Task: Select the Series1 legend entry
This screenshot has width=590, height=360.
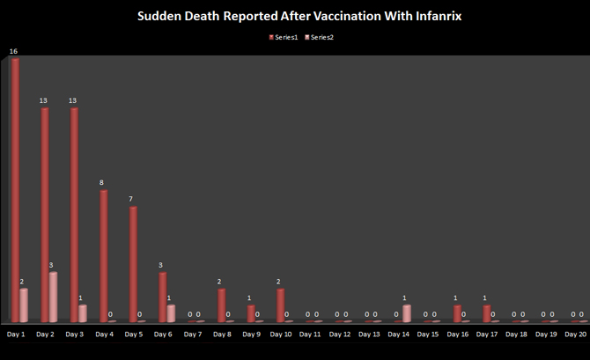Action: pyautogui.click(x=284, y=37)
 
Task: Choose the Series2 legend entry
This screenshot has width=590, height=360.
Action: pyautogui.click(x=319, y=37)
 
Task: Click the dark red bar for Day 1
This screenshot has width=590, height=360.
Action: pyautogui.click(x=16, y=190)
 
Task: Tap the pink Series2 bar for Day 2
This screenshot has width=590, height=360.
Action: pyautogui.click(x=53, y=298)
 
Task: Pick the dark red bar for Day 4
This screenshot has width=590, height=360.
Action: pyautogui.click(x=104, y=256)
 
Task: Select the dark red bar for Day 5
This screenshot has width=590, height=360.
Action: pyautogui.click(x=133, y=264)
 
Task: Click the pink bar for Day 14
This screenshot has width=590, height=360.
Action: pyautogui.click(x=406, y=313)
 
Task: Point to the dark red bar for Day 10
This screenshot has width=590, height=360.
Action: pyautogui.click(x=281, y=305)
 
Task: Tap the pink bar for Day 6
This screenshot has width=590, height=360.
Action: pyautogui.click(x=171, y=313)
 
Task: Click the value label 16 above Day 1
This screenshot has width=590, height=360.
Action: pyautogui.click(x=13, y=52)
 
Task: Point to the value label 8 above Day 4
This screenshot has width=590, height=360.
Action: pyautogui.click(x=101, y=183)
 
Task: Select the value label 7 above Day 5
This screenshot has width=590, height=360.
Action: pyautogui.click(x=131, y=199)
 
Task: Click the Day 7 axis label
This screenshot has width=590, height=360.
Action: pyautogui.click(x=193, y=334)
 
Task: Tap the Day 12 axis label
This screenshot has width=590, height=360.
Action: pyautogui.click(x=340, y=334)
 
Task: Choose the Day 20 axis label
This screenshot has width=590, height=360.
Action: pyautogui.click(x=576, y=334)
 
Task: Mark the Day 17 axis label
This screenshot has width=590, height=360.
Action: pyautogui.click(x=487, y=334)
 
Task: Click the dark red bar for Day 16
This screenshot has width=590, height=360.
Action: pyautogui.click(x=457, y=313)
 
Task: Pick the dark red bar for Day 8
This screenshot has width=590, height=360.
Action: pyautogui.click(x=222, y=305)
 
